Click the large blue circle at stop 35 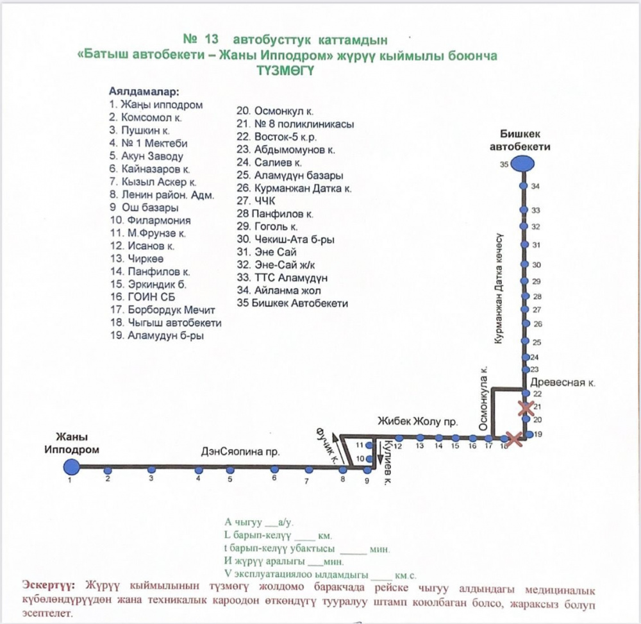523,164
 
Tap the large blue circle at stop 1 72,467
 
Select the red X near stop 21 526,408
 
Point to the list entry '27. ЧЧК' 256,201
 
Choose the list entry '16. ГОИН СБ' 143,297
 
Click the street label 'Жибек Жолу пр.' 417,421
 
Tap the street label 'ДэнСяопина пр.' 240,452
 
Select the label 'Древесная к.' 563,383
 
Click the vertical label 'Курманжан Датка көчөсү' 499,289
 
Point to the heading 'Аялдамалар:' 144,92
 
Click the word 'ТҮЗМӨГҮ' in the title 285,71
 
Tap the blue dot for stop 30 524,265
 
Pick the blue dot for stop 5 230,470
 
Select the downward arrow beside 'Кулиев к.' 379,452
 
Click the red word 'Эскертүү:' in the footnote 48,585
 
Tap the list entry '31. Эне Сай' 267,252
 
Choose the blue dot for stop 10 369,459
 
